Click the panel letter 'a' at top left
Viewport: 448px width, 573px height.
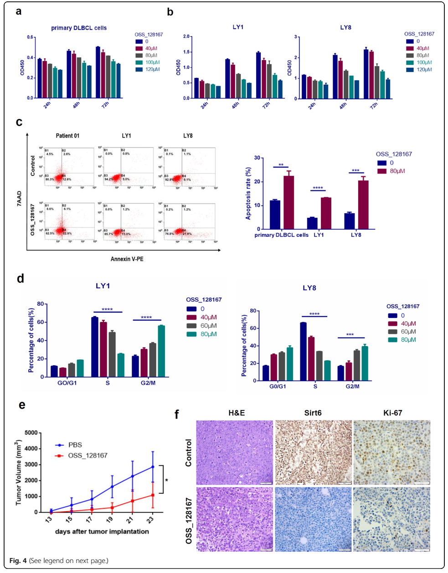pyautogui.click(x=18, y=11)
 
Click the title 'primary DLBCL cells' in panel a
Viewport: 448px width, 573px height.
pyautogui.click(x=79, y=28)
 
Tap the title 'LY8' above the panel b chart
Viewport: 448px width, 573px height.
pyautogui.click(x=345, y=27)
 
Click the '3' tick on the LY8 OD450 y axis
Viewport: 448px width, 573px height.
pyautogui.click(x=295, y=37)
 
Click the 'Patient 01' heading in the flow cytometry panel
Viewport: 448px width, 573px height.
pyautogui.click(x=67, y=136)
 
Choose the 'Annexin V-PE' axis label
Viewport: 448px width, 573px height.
pyautogui.click(x=127, y=259)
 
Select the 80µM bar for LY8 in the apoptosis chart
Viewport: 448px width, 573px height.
pyautogui.click(x=363, y=205)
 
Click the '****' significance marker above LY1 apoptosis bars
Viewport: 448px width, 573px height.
pyautogui.click(x=318, y=188)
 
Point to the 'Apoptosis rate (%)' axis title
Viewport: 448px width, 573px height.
pyautogui.click(x=248, y=194)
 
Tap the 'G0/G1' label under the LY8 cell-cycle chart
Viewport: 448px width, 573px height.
pyautogui.click(x=278, y=386)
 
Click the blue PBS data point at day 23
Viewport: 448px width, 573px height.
pyautogui.click(x=153, y=467)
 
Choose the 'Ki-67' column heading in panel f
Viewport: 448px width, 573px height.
pyautogui.click(x=392, y=413)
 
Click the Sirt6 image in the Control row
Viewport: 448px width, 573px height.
pyautogui.click(x=314, y=452)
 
